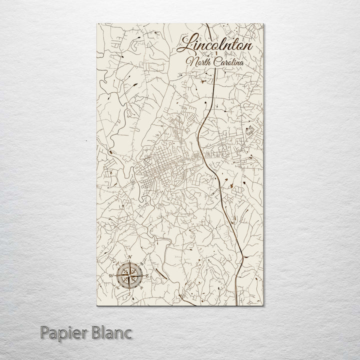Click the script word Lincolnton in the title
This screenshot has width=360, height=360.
[215, 44]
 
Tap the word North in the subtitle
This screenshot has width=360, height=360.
[196, 62]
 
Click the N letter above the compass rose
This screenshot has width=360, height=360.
[129, 258]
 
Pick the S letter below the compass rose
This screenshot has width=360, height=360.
[130, 293]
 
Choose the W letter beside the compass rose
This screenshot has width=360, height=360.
[110, 275]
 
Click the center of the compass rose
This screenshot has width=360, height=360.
[129, 275]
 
